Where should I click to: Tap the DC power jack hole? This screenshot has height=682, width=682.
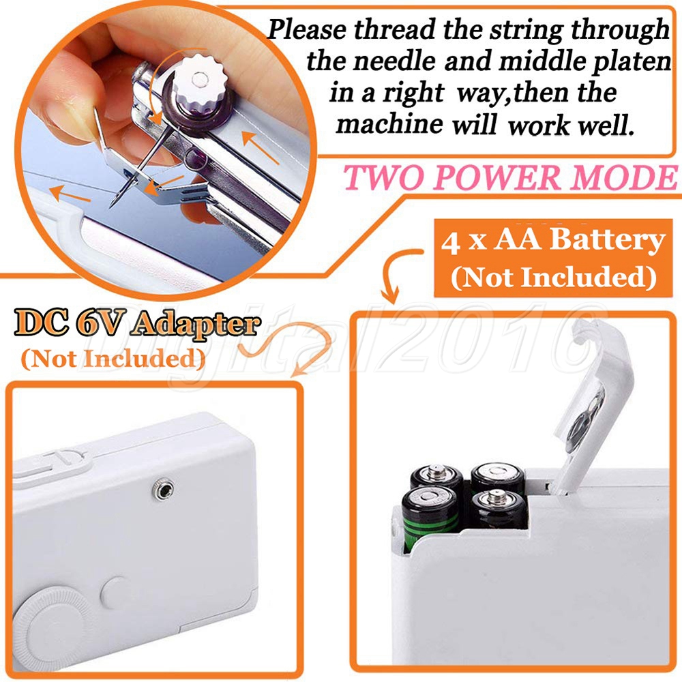(x=164, y=490)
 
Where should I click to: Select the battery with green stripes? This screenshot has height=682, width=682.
(x=429, y=518)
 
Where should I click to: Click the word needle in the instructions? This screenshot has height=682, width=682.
(x=394, y=61)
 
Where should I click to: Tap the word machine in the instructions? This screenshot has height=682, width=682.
(x=389, y=123)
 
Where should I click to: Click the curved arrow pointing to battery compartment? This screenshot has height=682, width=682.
(x=398, y=273)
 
